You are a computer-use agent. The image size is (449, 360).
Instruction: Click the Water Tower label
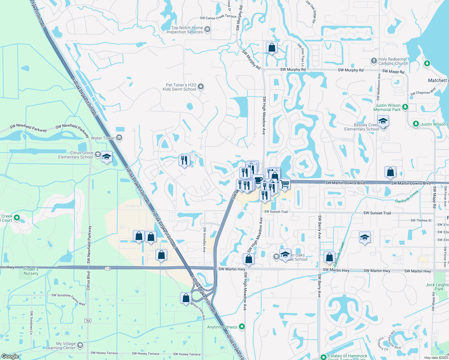(103, 138)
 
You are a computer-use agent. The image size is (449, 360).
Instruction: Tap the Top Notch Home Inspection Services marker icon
(207, 29)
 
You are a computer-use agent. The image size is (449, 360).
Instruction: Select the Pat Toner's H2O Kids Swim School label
(179, 87)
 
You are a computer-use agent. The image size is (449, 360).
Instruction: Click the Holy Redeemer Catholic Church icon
(374, 61)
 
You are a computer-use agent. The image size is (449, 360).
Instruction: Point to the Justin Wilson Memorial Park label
(387, 107)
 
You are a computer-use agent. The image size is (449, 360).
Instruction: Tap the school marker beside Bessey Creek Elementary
(383, 122)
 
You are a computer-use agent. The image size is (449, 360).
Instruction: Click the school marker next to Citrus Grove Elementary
(107, 157)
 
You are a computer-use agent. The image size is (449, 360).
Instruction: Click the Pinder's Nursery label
(31, 271)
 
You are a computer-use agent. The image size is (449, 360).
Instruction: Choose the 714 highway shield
(108, 268)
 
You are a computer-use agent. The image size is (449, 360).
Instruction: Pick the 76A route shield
(88, 321)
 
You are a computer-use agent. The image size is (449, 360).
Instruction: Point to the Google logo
(10, 356)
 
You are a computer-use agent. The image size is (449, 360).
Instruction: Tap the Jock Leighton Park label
(438, 287)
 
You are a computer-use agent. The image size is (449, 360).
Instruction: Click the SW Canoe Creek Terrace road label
(218, 17)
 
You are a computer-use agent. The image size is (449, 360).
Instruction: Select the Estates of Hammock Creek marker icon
(323, 357)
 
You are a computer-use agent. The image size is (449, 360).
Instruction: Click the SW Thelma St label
(421, 220)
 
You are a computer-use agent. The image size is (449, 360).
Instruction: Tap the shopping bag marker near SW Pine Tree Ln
(272, 48)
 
